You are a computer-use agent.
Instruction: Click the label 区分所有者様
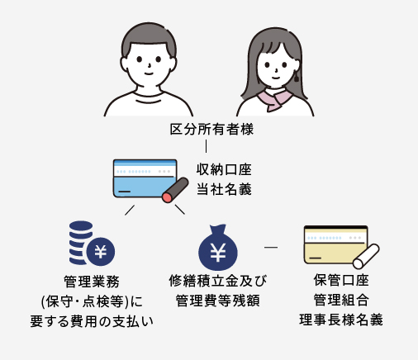tap(211, 129)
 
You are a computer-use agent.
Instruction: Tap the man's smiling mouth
tap(149, 73)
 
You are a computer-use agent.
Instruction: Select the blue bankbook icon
tap(145, 178)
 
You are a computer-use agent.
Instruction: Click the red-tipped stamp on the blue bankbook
tap(175, 190)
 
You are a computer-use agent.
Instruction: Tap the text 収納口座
tap(224, 169)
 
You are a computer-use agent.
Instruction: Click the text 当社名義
tap(224, 189)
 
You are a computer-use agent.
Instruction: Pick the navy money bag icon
tap(218, 247)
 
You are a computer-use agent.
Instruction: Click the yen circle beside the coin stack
tap(101, 252)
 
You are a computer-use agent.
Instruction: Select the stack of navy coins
tap(80, 243)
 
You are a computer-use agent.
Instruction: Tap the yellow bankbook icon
tap(336, 244)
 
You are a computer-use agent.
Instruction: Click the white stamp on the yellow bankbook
tap(366, 256)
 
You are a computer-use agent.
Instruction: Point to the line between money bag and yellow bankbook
tap(271, 247)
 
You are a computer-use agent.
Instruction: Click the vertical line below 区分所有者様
tap(206, 146)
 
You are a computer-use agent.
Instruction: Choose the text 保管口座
tap(341, 280)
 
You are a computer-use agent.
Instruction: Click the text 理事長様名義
tap(341, 320)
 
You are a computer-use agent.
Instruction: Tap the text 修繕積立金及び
tap(218, 281)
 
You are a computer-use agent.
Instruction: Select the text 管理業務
tap(92, 282)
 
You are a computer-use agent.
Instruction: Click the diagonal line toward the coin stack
tap(130, 210)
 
